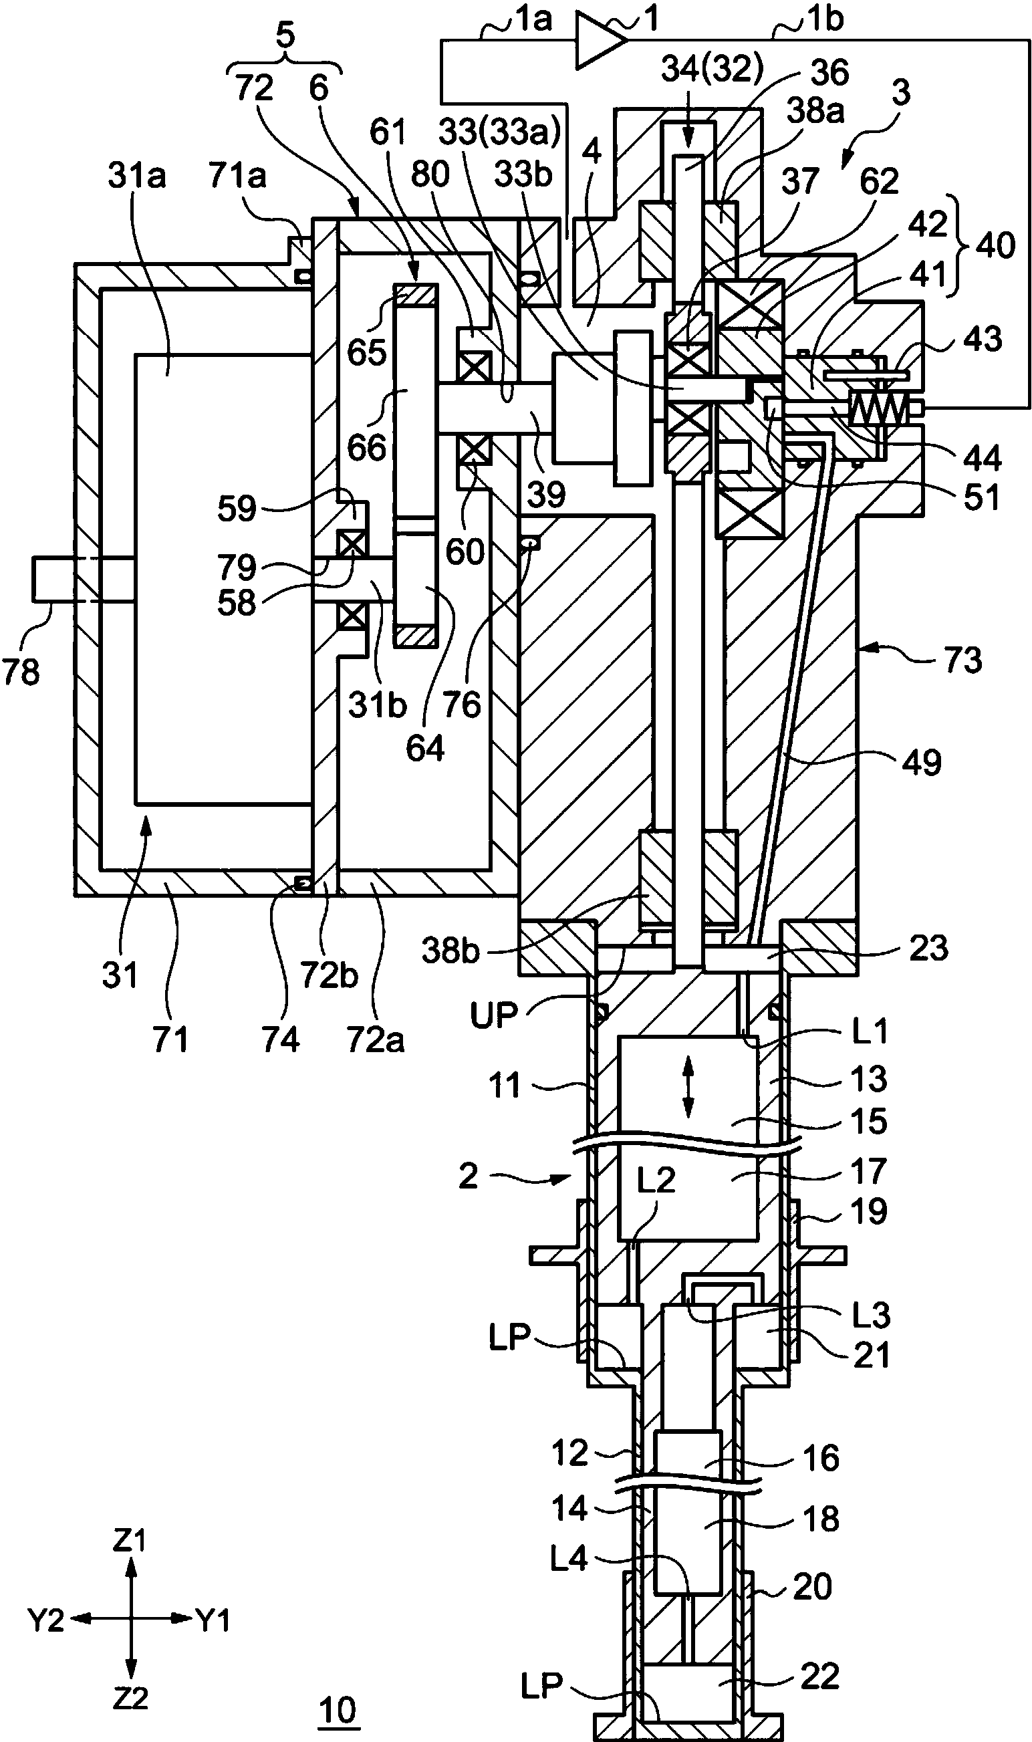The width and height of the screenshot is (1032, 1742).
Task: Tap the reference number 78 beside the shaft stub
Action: tap(21, 672)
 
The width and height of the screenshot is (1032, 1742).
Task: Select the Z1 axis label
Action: tap(130, 1541)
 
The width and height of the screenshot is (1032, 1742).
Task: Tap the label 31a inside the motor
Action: tap(137, 176)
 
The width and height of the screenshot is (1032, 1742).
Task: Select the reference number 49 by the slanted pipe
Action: tap(922, 763)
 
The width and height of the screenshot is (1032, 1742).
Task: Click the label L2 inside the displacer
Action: tap(656, 1180)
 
